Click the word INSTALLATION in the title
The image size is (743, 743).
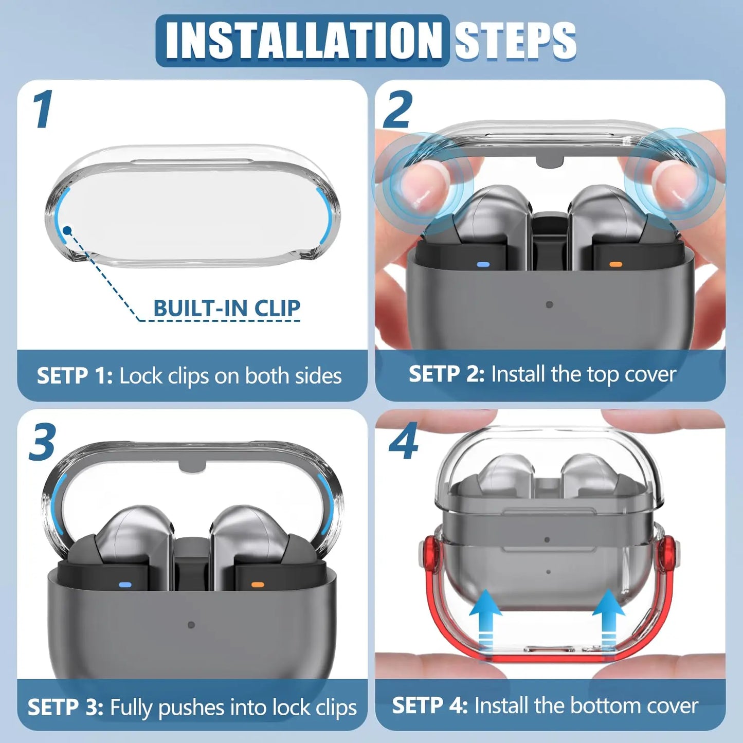pos(303,41)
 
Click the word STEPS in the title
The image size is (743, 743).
pos(515,41)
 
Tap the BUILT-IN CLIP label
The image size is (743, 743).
pos(227,308)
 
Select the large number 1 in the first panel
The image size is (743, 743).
pos(43,110)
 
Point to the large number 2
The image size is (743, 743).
pos(398,110)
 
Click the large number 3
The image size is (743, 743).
pos(42,442)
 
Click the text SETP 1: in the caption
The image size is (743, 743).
pos(75,376)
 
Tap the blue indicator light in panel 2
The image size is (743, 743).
pos(483,265)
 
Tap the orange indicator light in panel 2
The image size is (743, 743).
pos(615,265)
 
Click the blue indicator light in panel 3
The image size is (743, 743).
pos(125,585)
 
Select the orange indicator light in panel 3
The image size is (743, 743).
pos(257,585)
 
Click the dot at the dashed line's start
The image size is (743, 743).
pos(67,230)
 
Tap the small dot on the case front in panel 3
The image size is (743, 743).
pos(191,625)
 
